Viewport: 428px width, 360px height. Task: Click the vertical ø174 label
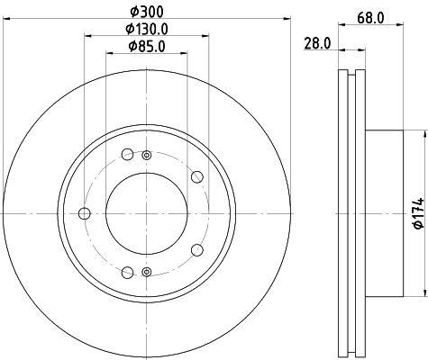(x=415, y=212)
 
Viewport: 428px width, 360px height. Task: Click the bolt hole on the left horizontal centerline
(x=86, y=213)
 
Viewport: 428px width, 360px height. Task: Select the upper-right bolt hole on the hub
(x=197, y=175)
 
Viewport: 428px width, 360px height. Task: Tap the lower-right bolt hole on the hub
(x=197, y=250)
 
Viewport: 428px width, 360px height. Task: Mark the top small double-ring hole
(x=146, y=156)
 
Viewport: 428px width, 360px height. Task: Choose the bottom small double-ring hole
(x=146, y=271)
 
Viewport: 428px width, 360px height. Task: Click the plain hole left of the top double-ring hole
(x=127, y=152)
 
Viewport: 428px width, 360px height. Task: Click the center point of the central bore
(x=146, y=213)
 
